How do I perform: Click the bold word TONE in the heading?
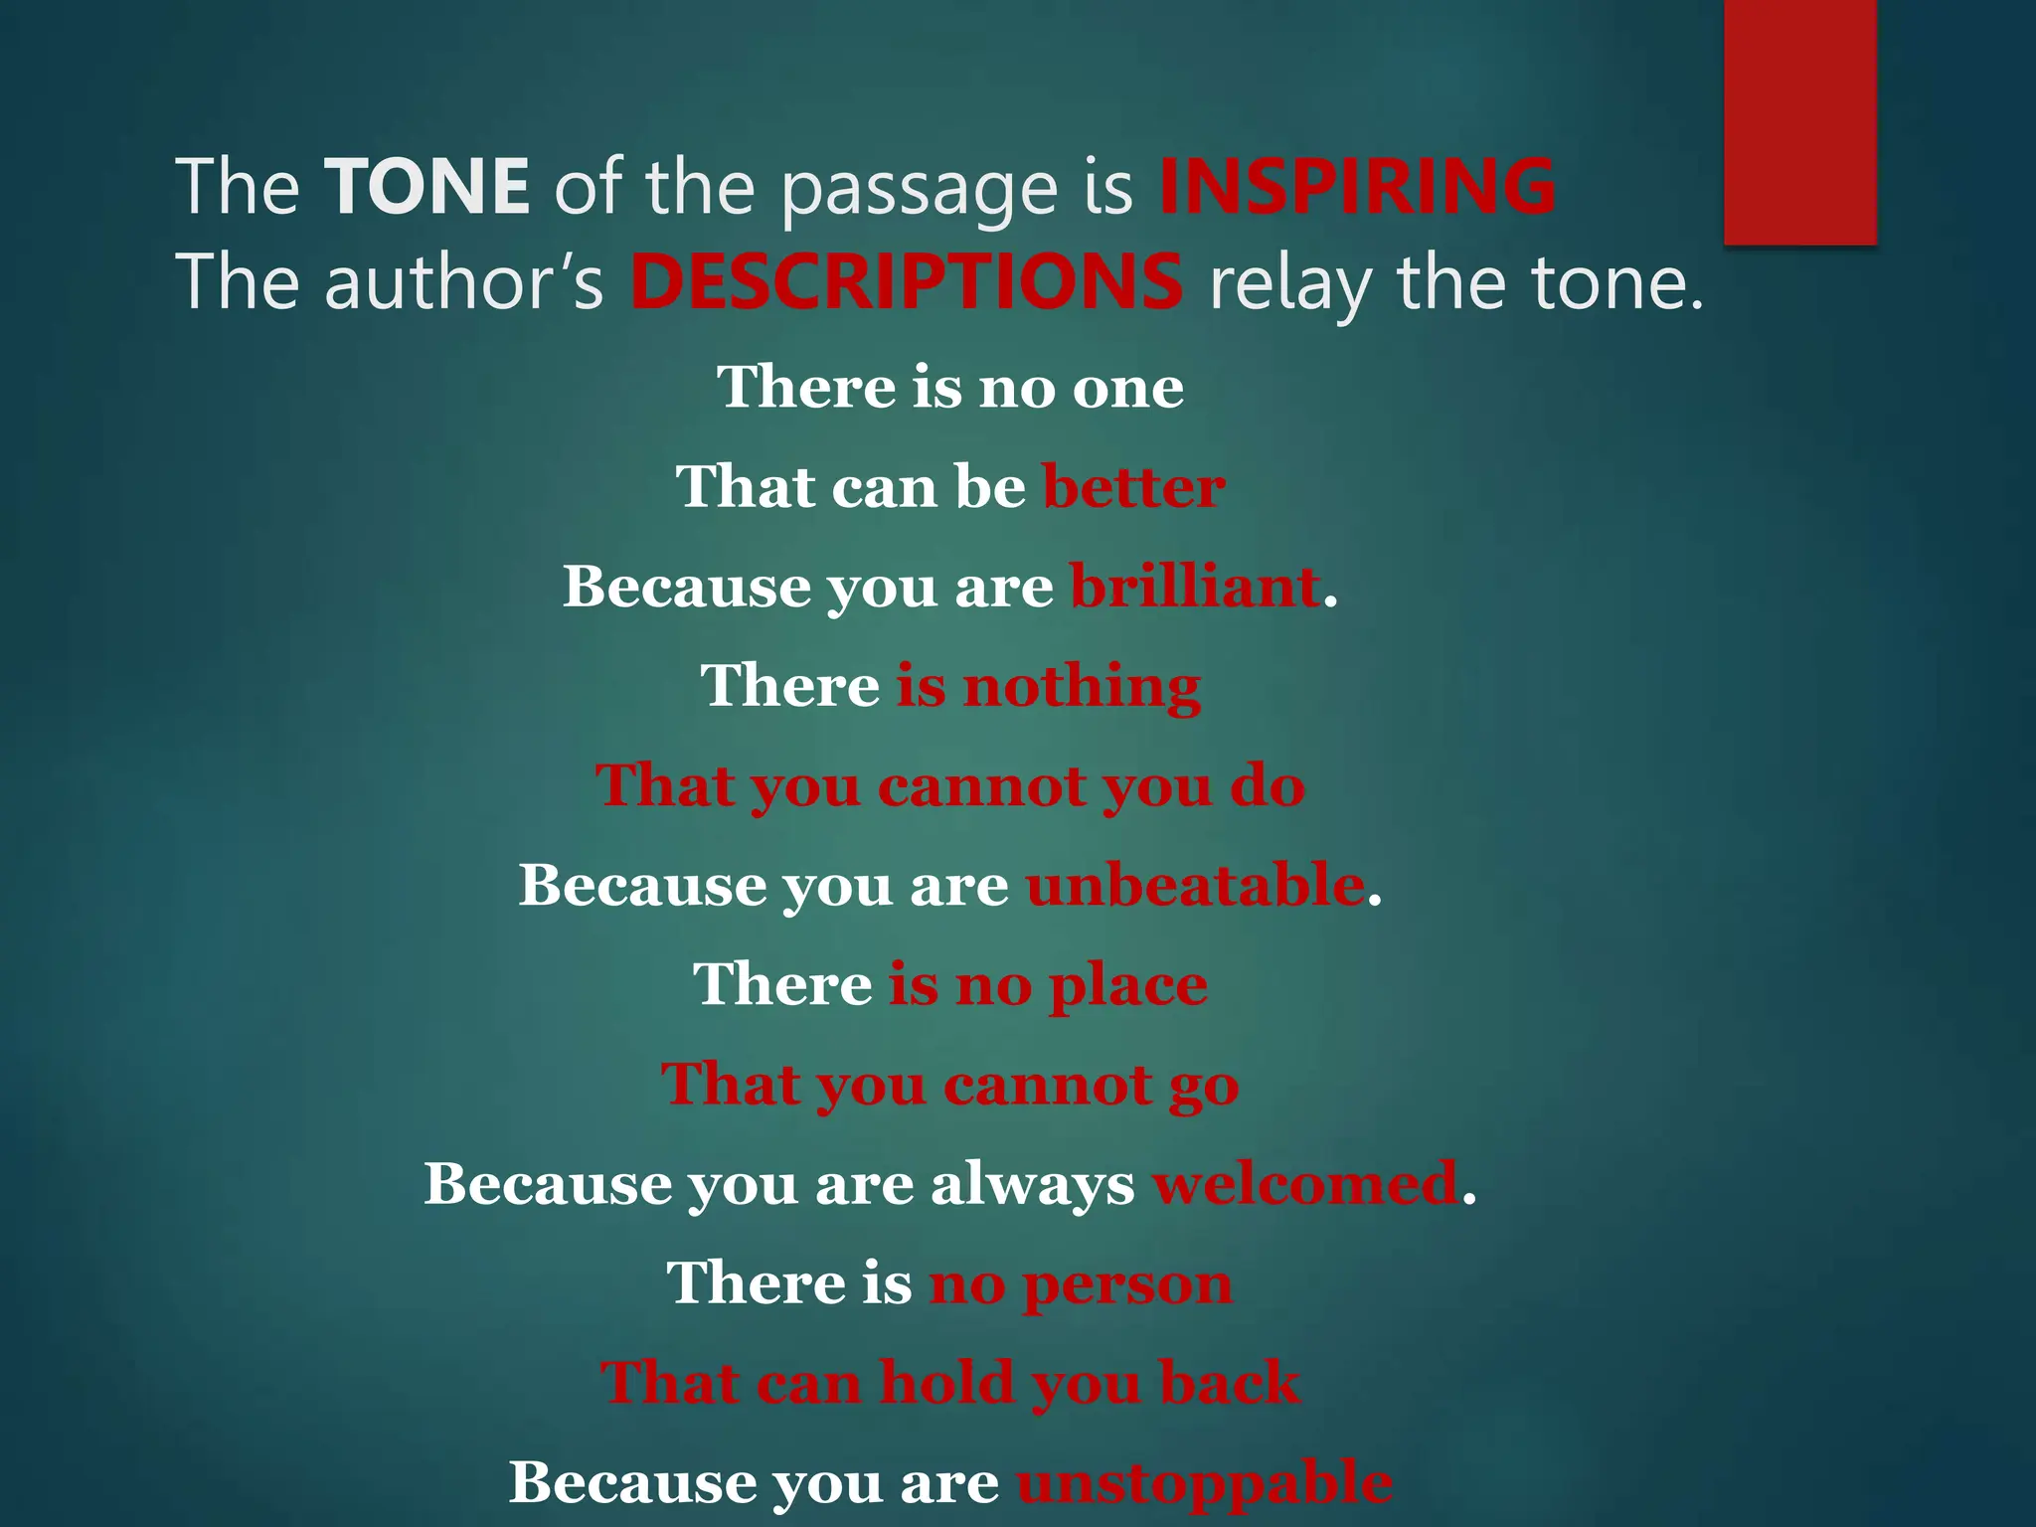tap(427, 186)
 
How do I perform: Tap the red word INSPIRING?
tap(1357, 186)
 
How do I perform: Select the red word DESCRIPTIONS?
tap(907, 281)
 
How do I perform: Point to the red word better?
tap(1133, 487)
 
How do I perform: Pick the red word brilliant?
tap(1195, 587)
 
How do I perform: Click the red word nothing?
tap(1082, 686)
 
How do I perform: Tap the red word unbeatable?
tap(1195, 885)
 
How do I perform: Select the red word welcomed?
tap(1305, 1183)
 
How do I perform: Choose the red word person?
tap(1127, 1284)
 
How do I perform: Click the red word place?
tap(1127, 986)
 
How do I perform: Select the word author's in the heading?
tap(463, 283)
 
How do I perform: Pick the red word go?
tap(1203, 1086)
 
